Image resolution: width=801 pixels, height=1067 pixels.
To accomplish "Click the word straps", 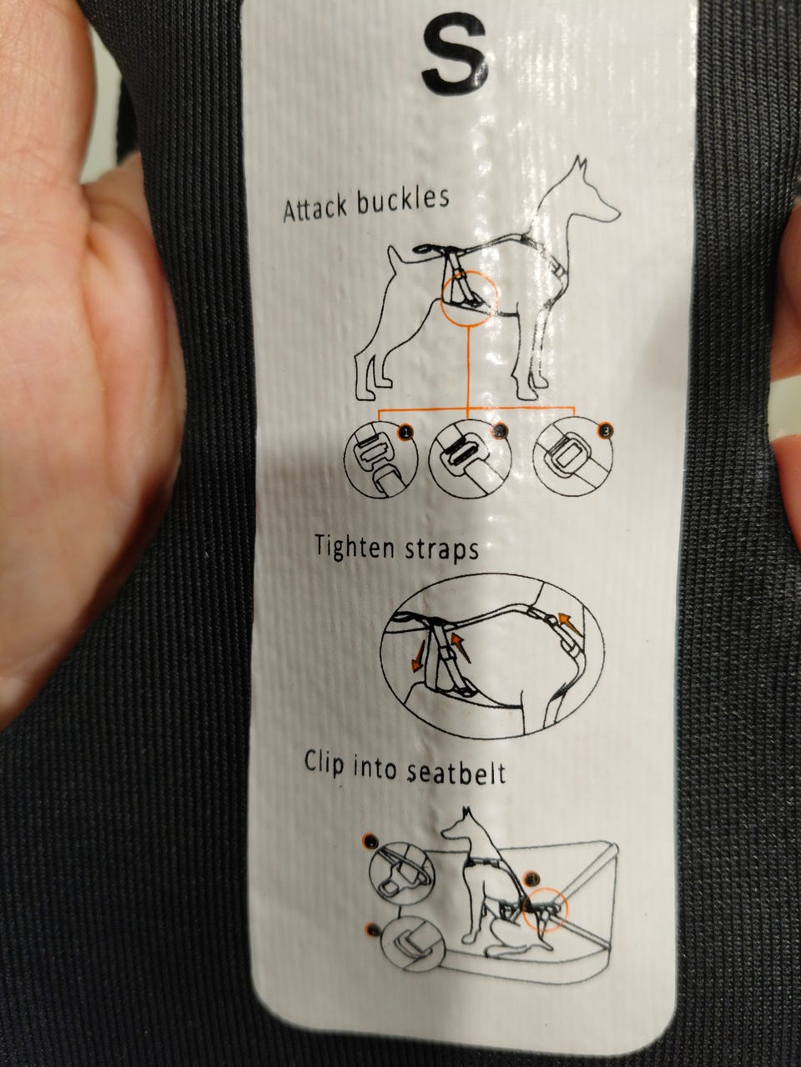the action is [x=441, y=550].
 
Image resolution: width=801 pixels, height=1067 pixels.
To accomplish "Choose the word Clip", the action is [x=325, y=762].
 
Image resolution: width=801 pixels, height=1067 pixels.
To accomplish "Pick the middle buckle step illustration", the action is [x=470, y=460].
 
